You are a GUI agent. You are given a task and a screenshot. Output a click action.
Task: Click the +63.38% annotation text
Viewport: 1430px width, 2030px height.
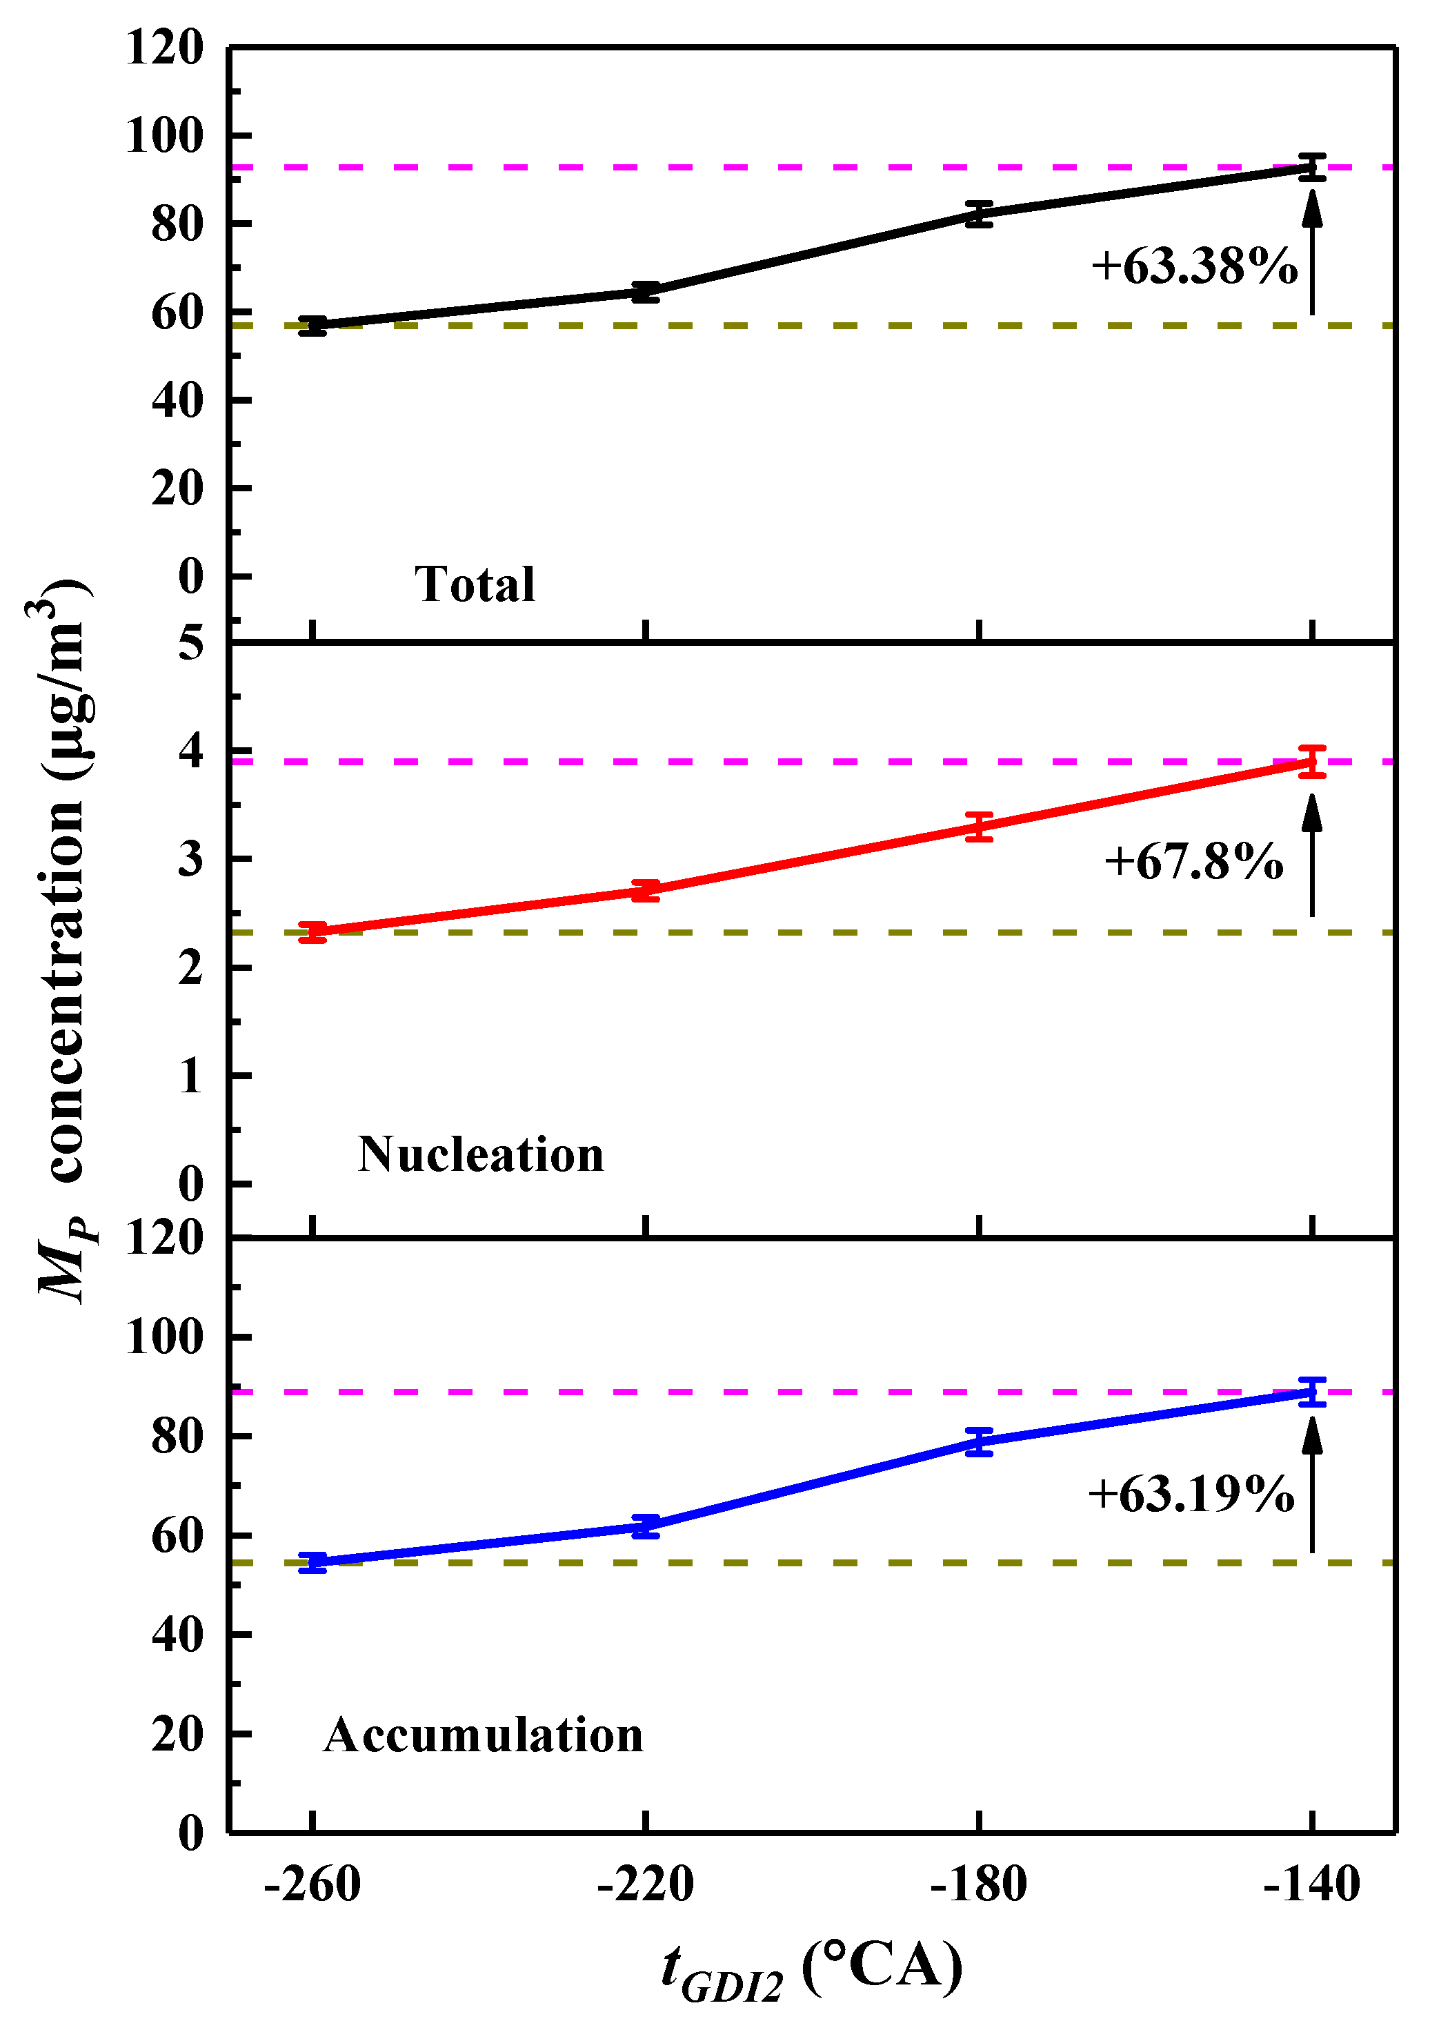[1194, 266]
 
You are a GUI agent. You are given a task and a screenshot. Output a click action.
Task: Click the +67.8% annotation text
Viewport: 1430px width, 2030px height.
[1194, 861]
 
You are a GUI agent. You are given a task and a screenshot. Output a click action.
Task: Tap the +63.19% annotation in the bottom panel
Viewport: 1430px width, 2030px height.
[1191, 1494]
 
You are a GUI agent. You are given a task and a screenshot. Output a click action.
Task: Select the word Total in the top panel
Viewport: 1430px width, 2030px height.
[475, 584]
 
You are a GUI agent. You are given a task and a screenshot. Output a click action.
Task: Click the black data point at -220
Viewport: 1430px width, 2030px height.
[646, 292]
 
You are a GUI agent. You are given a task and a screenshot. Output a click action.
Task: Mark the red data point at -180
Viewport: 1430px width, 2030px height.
[980, 827]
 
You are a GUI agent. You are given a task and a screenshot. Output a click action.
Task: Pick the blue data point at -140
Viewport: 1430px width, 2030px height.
[1313, 1392]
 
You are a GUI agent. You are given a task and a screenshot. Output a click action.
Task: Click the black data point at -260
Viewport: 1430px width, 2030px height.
[313, 326]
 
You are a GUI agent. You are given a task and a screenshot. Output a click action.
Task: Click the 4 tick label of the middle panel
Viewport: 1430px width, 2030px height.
[191, 751]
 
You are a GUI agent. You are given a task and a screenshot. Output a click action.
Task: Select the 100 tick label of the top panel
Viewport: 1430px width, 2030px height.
[166, 136]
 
